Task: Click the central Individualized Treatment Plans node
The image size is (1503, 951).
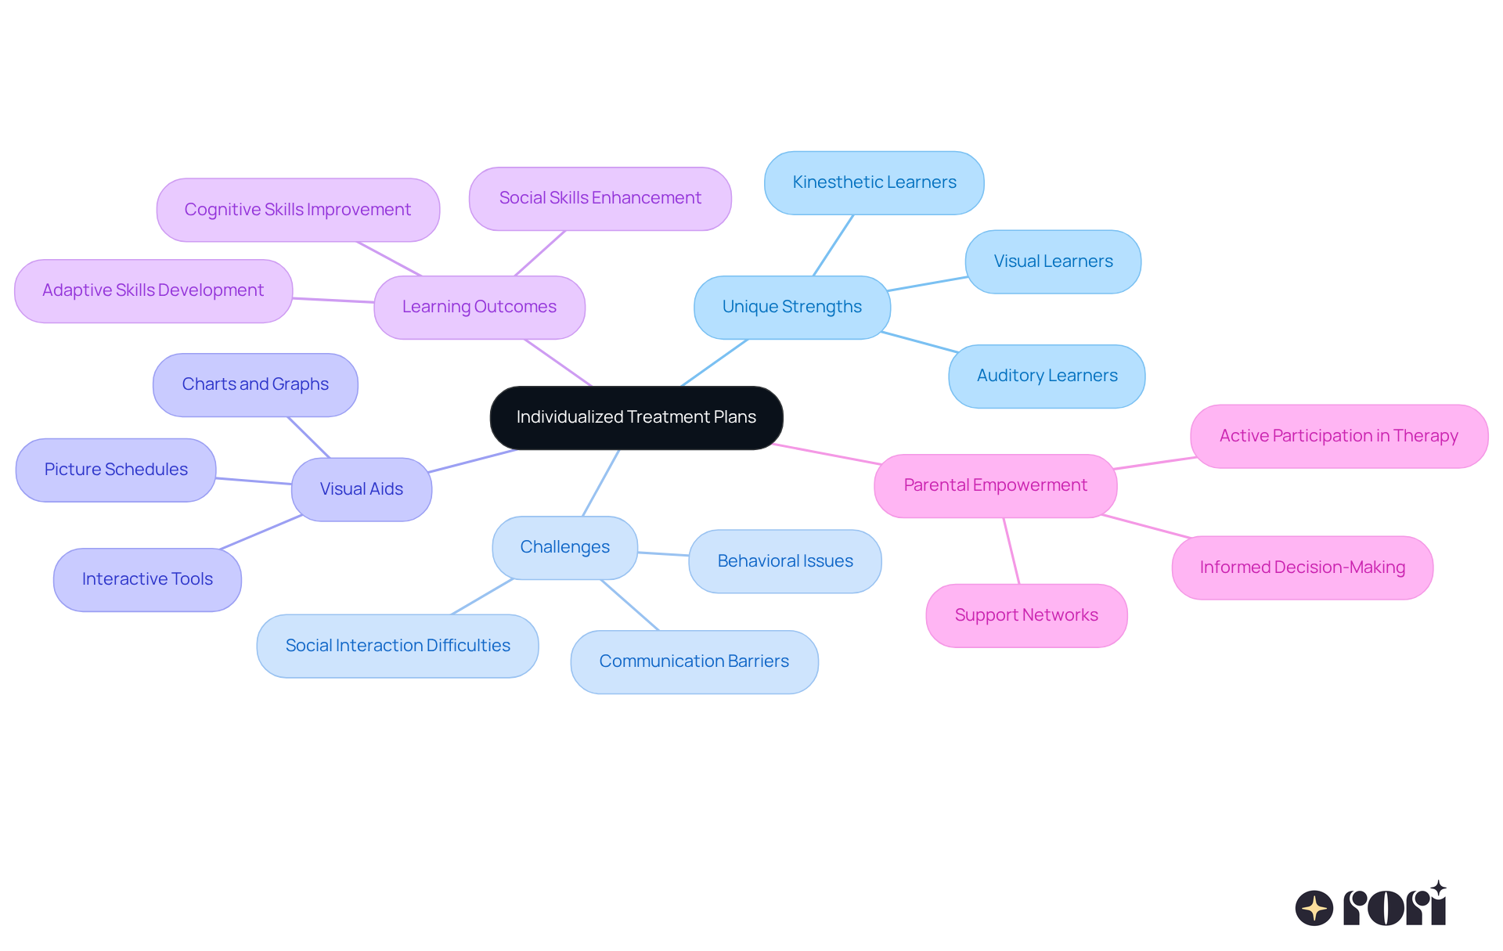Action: tap(636, 417)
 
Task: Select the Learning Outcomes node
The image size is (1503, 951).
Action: tap(479, 307)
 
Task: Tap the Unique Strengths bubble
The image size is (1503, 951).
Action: tap(791, 307)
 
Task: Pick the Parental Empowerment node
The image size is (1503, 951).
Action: tap(995, 485)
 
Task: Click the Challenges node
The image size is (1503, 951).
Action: tap(564, 547)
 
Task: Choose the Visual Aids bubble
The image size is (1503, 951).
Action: tap(361, 489)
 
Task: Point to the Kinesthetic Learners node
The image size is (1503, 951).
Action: tap(874, 182)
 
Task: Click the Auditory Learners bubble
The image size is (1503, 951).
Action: tap(1047, 376)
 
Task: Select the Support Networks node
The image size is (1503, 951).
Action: tap(1025, 615)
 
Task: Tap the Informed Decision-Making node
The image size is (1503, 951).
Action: tap(1302, 567)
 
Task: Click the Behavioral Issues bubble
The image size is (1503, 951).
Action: tap(784, 561)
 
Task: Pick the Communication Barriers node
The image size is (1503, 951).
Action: tap(694, 661)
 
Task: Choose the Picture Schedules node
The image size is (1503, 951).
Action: tap(116, 470)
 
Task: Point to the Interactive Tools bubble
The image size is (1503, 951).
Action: tap(147, 579)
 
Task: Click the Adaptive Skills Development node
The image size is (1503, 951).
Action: tap(153, 290)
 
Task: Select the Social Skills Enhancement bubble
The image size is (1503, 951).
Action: tap(600, 198)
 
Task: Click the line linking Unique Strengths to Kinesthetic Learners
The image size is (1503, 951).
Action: tap(833, 245)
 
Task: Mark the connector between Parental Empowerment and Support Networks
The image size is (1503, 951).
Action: tap(1011, 551)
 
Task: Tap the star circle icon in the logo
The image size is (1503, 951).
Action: tap(1314, 908)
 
